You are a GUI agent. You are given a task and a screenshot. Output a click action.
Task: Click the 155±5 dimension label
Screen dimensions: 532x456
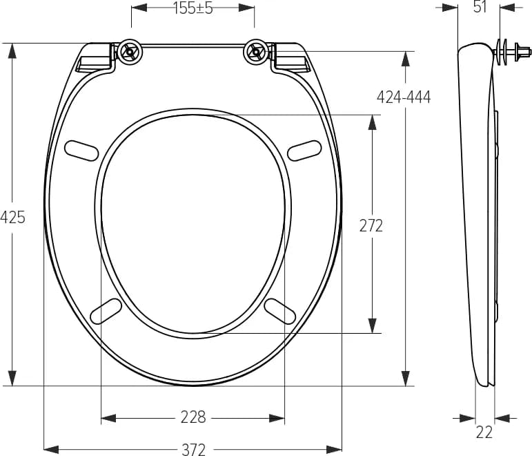pos(193,8)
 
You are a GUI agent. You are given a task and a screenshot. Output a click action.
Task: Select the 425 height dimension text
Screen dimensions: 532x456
pos(12,217)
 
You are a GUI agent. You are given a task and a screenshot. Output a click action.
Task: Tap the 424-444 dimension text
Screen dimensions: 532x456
pos(404,97)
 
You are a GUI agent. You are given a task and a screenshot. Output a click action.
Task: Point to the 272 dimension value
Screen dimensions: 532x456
pos(371,226)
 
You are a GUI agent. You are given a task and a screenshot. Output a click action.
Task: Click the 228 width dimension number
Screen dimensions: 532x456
pos(193,417)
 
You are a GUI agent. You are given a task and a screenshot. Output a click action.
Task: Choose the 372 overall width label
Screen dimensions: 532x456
pos(193,449)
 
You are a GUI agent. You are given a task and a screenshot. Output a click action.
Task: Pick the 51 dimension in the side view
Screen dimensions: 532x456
pos(480,7)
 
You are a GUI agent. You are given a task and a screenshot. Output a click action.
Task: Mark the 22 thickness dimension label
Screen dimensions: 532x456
pos(484,433)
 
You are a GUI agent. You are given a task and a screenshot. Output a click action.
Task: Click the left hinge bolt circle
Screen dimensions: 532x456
pos(130,51)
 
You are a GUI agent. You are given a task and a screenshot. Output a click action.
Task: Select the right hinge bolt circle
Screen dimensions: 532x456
pos(256,51)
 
